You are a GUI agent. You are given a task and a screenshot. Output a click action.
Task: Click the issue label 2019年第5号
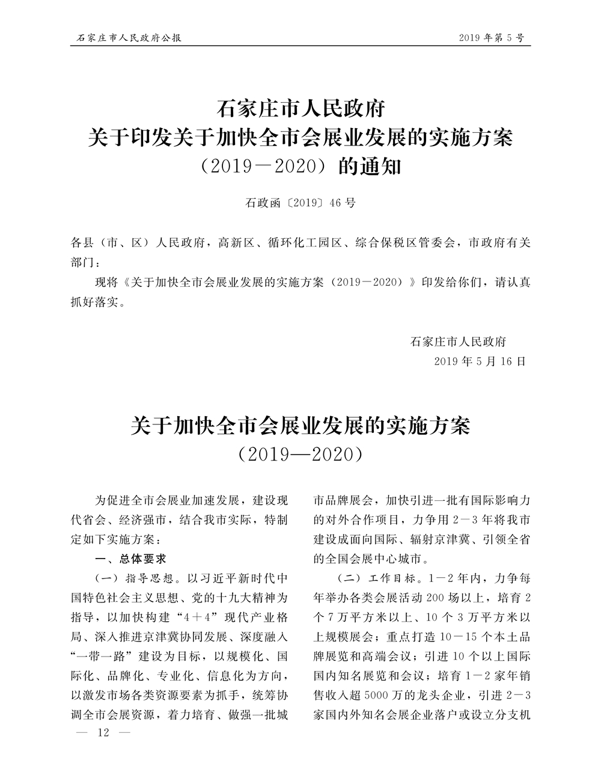coord(491,38)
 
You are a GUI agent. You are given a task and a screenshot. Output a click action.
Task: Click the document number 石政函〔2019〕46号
coord(300,203)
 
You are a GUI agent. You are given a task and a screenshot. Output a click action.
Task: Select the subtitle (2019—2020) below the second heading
coord(300,454)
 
